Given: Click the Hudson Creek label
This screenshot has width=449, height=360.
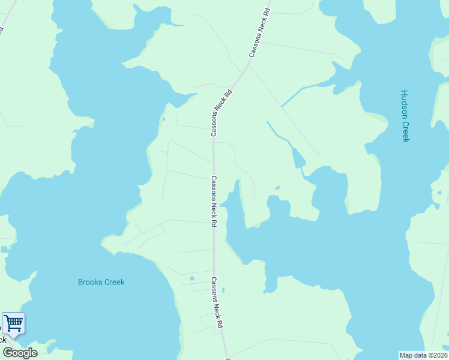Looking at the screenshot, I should (x=405, y=116).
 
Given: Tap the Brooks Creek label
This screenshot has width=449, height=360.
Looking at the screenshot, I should (x=101, y=282).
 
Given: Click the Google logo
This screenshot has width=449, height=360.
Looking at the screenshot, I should (x=20, y=353).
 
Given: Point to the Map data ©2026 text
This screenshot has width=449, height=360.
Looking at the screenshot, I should (x=423, y=355).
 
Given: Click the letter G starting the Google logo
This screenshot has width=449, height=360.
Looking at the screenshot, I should (x=7, y=353).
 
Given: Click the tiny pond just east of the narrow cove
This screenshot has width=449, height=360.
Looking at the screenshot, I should (x=277, y=188).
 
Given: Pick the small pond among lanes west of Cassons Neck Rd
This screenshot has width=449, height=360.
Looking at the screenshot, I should (x=191, y=278).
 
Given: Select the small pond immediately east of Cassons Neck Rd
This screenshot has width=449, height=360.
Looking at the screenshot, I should (x=223, y=290).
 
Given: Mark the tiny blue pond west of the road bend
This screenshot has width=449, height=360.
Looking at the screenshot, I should (x=163, y=119).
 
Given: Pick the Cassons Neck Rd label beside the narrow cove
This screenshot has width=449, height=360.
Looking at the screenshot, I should (x=213, y=201).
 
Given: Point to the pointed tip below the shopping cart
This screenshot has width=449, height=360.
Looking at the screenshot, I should (x=13, y=338).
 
